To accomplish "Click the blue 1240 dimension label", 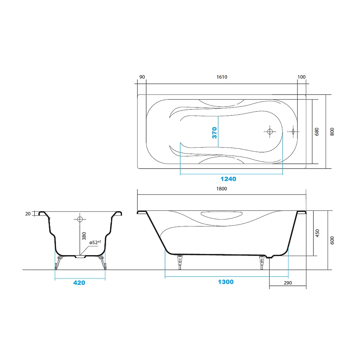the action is pos(228,179).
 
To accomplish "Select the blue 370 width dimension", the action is pos(214,133).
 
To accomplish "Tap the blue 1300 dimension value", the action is pos(226,282).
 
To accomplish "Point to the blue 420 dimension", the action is pos(79,283).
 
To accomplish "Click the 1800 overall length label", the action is pos(222,189).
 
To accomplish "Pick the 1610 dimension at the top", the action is pos(222,77).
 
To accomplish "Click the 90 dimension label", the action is pos(142,77).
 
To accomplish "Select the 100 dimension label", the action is pos(302,77).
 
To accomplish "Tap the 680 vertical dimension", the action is pos(317,132).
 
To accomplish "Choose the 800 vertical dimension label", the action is pos(332,132).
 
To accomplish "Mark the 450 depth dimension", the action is pos(317,233).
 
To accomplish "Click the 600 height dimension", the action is pos(332,240).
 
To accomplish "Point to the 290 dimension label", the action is pos(288,283).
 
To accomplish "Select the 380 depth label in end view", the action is pos(84,236).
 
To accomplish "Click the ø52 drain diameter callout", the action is pos(95,242).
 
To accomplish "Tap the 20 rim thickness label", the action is pos(28,214).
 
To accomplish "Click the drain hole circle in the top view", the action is pos(270,132).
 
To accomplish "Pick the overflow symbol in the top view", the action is pos(293,132).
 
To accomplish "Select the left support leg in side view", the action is pos(180,262).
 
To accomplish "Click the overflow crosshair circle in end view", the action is pos(80,219).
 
